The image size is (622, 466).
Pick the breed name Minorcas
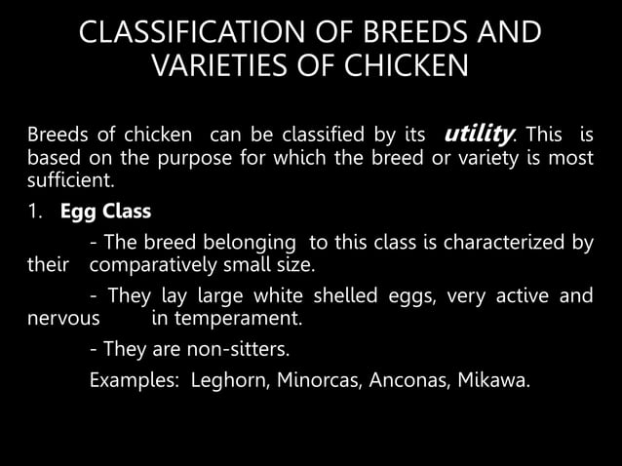pos(314,379)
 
